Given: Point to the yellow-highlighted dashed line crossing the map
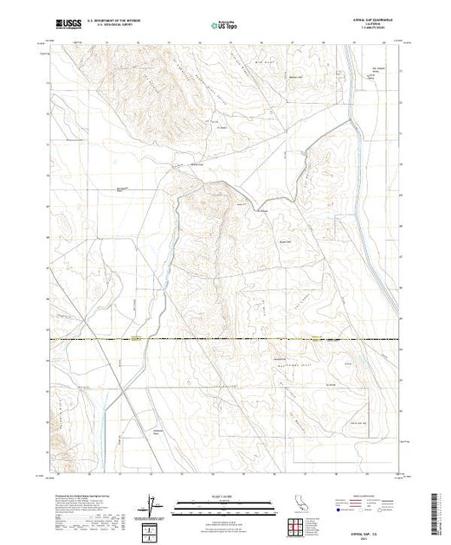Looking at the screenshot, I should (225, 340).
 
